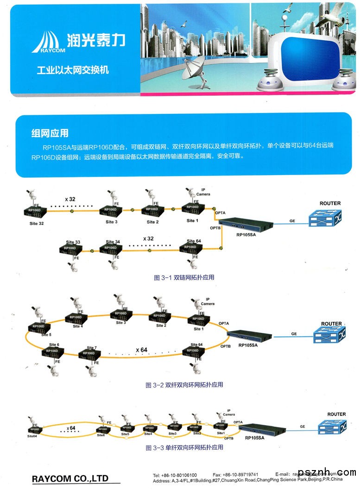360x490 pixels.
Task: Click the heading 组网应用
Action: click(50, 133)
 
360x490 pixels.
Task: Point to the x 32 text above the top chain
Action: click(70, 199)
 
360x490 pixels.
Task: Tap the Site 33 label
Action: click(73, 242)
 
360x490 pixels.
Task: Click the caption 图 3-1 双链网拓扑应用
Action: click(183, 277)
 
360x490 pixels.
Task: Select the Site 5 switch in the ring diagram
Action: click(38, 327)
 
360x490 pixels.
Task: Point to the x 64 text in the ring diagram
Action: click(141, 350)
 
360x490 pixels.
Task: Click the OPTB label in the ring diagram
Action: click(225, 346)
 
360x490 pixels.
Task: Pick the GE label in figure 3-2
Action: click(294, 333)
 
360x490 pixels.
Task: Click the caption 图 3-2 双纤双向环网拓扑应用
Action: click(184, 385)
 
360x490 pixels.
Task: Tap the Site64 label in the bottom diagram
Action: click(32, 436)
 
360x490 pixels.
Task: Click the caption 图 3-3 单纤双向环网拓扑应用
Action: click(184, 448)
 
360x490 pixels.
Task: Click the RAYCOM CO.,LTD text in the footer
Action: click(70, 478)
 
